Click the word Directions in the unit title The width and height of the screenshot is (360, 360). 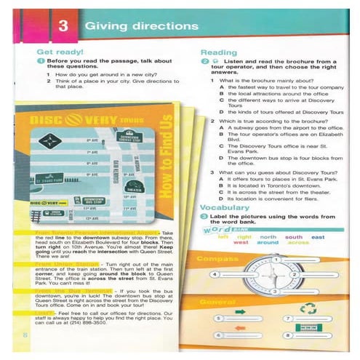167,27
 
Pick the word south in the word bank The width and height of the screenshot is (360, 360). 294,236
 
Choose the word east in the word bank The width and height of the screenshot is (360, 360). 318,236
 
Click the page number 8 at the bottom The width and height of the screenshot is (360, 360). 25,334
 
